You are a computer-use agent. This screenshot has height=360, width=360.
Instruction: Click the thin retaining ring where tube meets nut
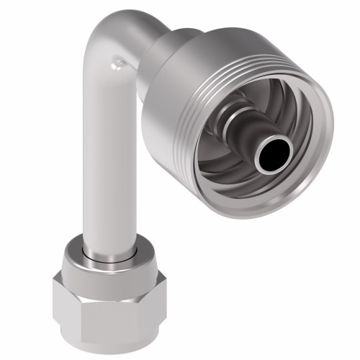tap(108, 253)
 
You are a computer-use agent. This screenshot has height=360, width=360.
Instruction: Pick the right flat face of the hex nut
tap(148, 302)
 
